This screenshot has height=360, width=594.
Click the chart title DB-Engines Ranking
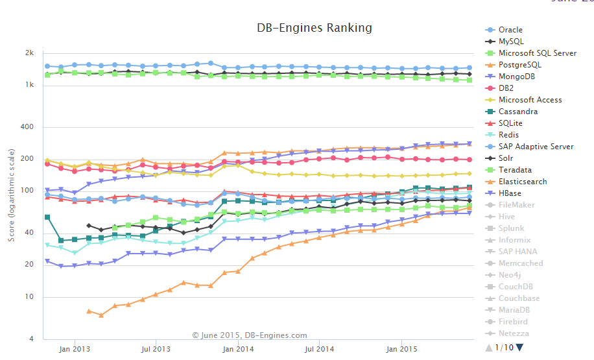pyautogui.click(x=315, y=28)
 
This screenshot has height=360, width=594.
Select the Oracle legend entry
pyautogui.click(x=510, y=30)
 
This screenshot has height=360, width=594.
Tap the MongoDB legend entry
pyautogui.click(x=516, y=77)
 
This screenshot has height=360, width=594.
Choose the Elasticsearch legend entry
pyautogui.click(x=522, y=182)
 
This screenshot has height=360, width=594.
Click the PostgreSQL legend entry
pyautogui.click(x=519, y=65)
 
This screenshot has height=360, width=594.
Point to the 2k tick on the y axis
pyautogui.click(x=29, y=53)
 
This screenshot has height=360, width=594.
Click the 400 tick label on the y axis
pyautogui.click(x=27, y=126)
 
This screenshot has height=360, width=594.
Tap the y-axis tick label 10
pyautogui.click(x=29, y=297)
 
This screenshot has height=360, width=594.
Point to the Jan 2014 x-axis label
pyautogui.click(x=238, y=349)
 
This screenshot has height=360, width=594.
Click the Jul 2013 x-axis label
pyautogui.click(x=156, y=349)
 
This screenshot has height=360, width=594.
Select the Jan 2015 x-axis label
pyautogui.click(x=401, y=349)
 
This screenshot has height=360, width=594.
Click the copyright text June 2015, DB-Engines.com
pyautogui.click(x=250, y=335)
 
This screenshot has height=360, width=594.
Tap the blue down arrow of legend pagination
pyautogui.click(x=519, y=347)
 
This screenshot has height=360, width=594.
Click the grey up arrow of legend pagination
pyautogui.click(x=489, y=347)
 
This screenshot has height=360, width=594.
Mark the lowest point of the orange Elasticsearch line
pyautogui.click(x=101, y=315)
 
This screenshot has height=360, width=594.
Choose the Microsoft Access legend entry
pyautogui.click(x=530, y=100)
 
